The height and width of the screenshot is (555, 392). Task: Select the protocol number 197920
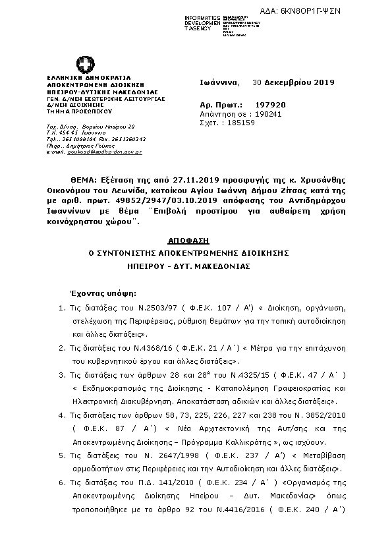(271, 105)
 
